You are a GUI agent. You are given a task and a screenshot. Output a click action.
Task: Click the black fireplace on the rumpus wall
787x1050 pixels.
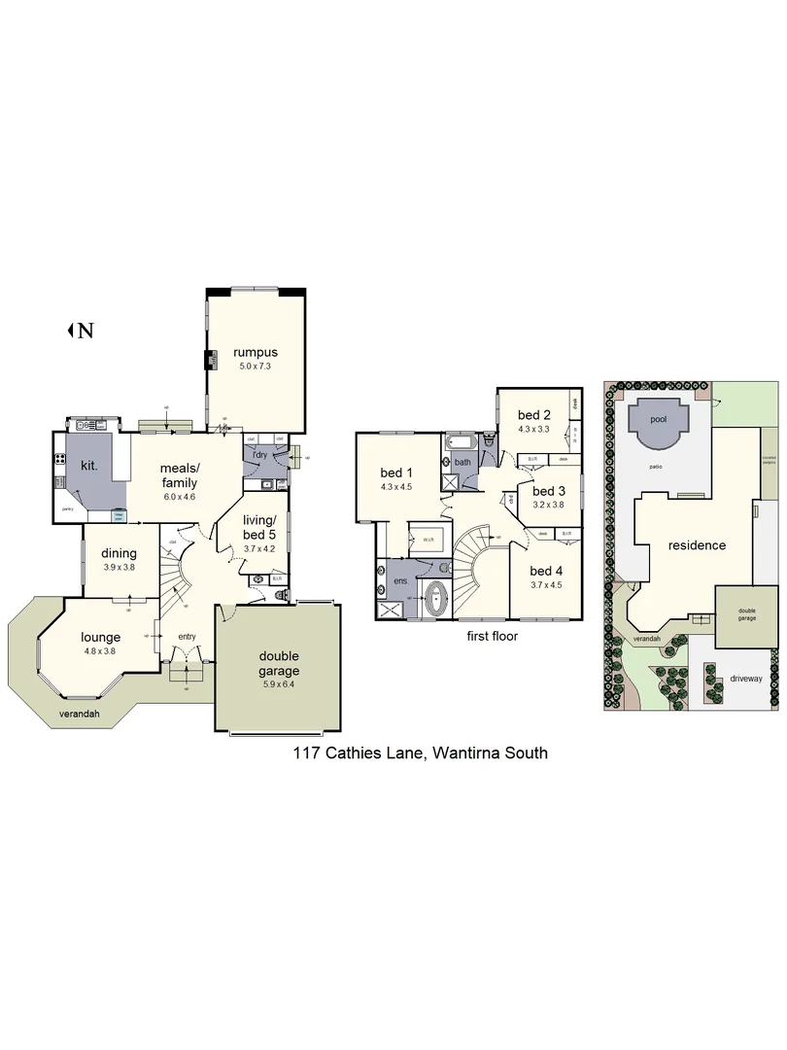208,361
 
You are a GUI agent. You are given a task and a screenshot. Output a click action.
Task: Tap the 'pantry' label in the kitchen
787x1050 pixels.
68,508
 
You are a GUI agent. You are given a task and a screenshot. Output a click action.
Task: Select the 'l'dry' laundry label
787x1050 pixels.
259,456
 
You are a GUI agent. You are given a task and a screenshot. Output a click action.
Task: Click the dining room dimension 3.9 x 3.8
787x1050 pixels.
119,567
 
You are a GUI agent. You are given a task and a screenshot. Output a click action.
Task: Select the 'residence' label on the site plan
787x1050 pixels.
697,545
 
